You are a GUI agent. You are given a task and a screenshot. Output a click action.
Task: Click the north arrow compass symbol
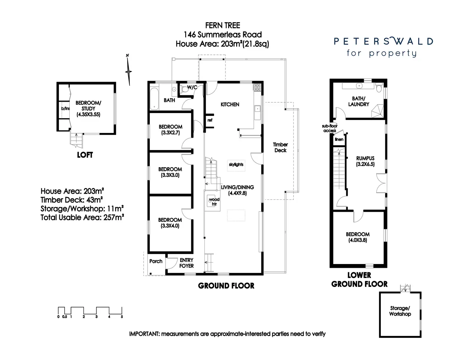coord(128,71)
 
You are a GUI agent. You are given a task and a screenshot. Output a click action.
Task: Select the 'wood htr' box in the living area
coord(214,201)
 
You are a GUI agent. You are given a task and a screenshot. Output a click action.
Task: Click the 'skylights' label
coord(236,164)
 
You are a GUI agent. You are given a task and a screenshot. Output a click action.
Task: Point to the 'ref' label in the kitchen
coord(210,120)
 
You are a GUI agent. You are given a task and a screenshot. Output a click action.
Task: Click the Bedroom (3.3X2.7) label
coord(170,129)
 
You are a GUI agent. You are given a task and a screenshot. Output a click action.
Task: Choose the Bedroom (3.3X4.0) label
coord(170,223)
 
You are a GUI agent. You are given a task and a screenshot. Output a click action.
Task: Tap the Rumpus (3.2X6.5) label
coord(365,161)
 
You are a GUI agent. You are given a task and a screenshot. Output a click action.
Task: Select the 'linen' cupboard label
coord(339,139)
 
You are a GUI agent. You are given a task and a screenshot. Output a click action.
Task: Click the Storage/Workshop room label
coord(400,311)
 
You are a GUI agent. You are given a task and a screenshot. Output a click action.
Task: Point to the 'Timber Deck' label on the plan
coord(280,147)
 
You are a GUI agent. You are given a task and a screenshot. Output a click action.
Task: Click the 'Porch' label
coord(156,261)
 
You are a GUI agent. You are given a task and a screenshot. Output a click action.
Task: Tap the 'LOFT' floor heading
coord(85,155)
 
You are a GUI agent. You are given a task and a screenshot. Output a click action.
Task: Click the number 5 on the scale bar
coord(122,317)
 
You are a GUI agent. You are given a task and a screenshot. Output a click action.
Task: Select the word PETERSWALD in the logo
coord(383,41)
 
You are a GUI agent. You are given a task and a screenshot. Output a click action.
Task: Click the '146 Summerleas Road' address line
coord(223,35)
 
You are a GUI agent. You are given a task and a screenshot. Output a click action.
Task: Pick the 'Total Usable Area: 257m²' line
coord(82,218)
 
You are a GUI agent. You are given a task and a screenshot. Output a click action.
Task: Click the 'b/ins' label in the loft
coord(65,109)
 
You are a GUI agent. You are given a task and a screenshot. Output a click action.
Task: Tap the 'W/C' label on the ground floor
coord(192,87)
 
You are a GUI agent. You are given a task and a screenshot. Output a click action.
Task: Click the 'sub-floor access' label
coord(330,128)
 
